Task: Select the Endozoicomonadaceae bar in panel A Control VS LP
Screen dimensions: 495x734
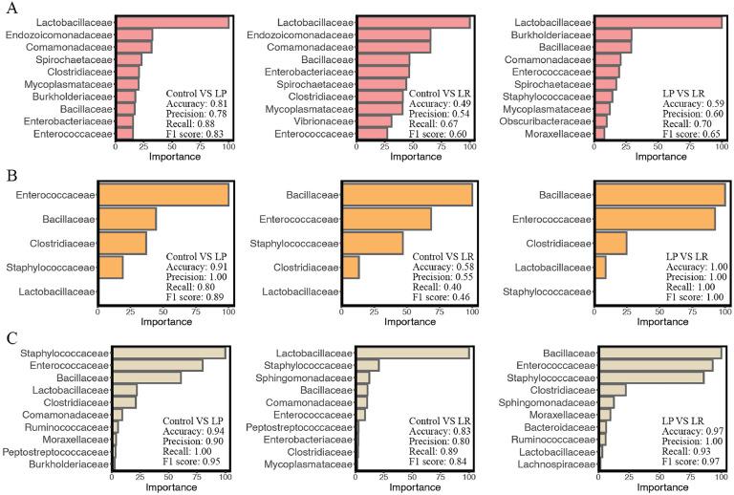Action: pos(133,34)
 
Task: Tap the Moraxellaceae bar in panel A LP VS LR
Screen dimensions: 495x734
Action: pos(599,134)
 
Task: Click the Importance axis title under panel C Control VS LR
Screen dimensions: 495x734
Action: pos(414,487)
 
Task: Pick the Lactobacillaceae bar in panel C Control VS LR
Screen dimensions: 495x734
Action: pos(413,353)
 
